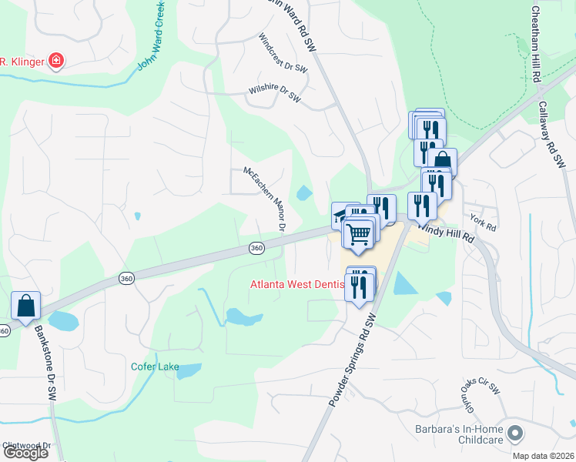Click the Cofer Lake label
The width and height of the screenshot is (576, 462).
tap(154, 367)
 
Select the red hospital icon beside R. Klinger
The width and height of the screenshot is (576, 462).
tap(55, 61)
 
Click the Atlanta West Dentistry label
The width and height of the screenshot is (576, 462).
tap(296, 284)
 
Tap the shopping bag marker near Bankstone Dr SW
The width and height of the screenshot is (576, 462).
tap(25, 306)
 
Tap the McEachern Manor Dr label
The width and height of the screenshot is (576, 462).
tap(264, 199)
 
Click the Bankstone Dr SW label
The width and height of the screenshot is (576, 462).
tap(45, 362)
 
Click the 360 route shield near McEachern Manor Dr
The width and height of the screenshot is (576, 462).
tap(256, 247)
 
